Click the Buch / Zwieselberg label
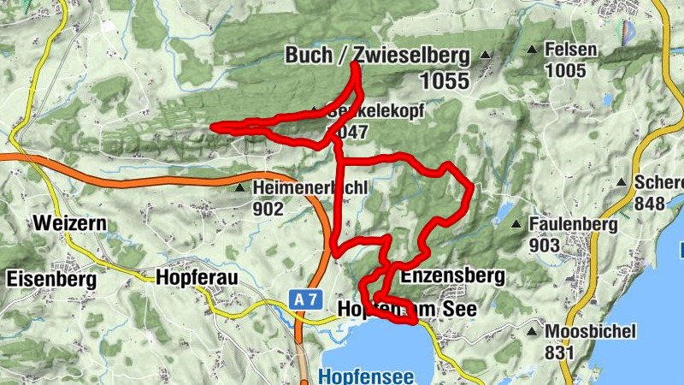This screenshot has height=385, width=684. [x=377, y=56]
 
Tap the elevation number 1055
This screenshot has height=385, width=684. [x=445, y=81]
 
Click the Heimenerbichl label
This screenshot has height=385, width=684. [x=310, y=187]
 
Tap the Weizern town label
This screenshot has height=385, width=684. [x=69, y=223]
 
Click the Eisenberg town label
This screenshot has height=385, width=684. [x=51, y=278]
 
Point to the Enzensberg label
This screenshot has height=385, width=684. [x=452, y=276]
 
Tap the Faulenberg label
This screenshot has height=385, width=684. [x=573, y=224]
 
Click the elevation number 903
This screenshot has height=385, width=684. [x=544, y=246]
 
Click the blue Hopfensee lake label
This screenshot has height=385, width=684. [x=366, y=376]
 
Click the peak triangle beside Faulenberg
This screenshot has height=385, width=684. [x=516, y=224]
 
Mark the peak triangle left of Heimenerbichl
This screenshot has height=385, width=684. [x=240, y=186]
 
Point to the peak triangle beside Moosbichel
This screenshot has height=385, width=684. [x=534, y=330]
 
